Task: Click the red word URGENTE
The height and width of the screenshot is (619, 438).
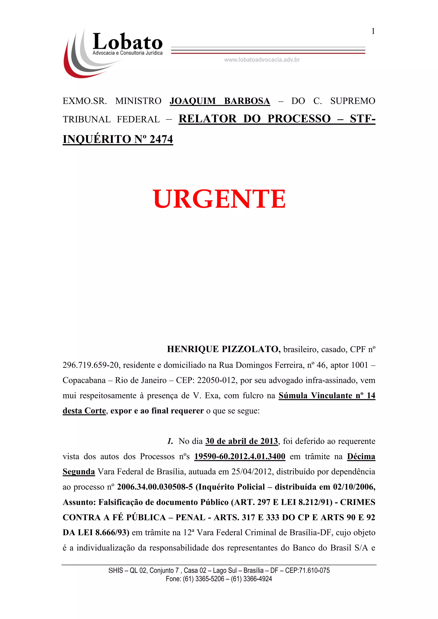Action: click(219, 199)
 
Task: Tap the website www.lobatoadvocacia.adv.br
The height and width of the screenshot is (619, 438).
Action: click(262, 60)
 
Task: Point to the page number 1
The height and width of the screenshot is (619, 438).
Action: click(373, 32)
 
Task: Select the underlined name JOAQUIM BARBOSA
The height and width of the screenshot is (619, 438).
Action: click(220, 101)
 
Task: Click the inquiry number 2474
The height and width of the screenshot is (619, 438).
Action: click(161, 139)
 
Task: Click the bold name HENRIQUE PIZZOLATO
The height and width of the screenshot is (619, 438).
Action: click(223, 349)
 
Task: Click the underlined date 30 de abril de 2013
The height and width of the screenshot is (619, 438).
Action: click(242, 441)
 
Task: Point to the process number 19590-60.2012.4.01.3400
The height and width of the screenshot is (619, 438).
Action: click(240, 456)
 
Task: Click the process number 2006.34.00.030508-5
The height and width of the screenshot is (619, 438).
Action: click(155, 487)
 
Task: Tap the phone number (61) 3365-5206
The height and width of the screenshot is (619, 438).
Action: click(204, 579)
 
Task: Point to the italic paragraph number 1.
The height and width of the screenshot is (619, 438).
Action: click(170, 441)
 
